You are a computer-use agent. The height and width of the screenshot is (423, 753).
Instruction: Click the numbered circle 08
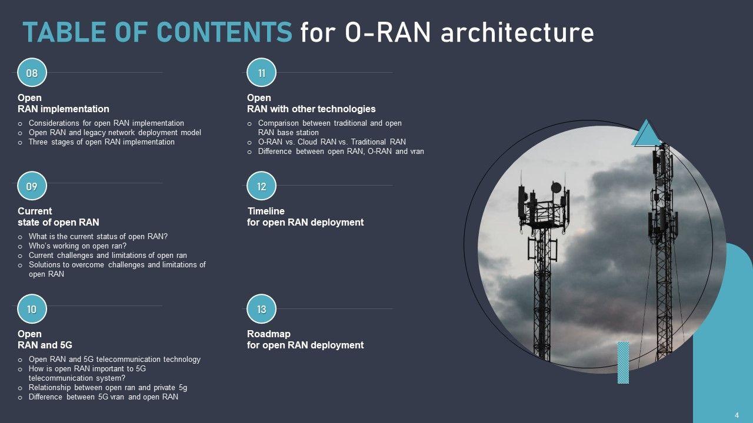[32, 73]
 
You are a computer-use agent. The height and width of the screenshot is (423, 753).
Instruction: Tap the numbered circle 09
[32, 186]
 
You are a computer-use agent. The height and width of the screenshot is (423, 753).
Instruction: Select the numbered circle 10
[32, 309]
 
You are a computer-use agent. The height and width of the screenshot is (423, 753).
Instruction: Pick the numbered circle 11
[262, 73]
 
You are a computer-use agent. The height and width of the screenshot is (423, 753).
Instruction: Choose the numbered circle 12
[262, 186]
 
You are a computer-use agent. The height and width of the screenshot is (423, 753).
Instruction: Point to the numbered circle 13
[262, 309]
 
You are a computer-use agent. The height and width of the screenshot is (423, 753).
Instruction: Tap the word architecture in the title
[517, 33]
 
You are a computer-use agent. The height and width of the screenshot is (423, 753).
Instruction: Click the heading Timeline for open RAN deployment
[305, 217]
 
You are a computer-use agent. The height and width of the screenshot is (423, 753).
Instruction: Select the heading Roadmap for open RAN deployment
[305, 340]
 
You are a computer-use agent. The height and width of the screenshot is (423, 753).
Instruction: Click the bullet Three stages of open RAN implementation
[101, 142]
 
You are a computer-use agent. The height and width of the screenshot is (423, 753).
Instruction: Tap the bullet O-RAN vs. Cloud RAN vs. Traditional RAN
[332, 142]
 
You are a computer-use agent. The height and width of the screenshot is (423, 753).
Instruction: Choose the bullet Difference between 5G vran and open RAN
[103, 397]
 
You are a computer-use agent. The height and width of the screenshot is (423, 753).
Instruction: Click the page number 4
[737, 415]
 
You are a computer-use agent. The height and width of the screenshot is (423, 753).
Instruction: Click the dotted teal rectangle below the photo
[623, 362]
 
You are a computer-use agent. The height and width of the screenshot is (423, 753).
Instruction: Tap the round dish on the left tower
[555, 187]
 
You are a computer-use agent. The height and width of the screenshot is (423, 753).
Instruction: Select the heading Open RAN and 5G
[45, 340]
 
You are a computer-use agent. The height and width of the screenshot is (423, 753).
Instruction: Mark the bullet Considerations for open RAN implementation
[106, 123]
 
